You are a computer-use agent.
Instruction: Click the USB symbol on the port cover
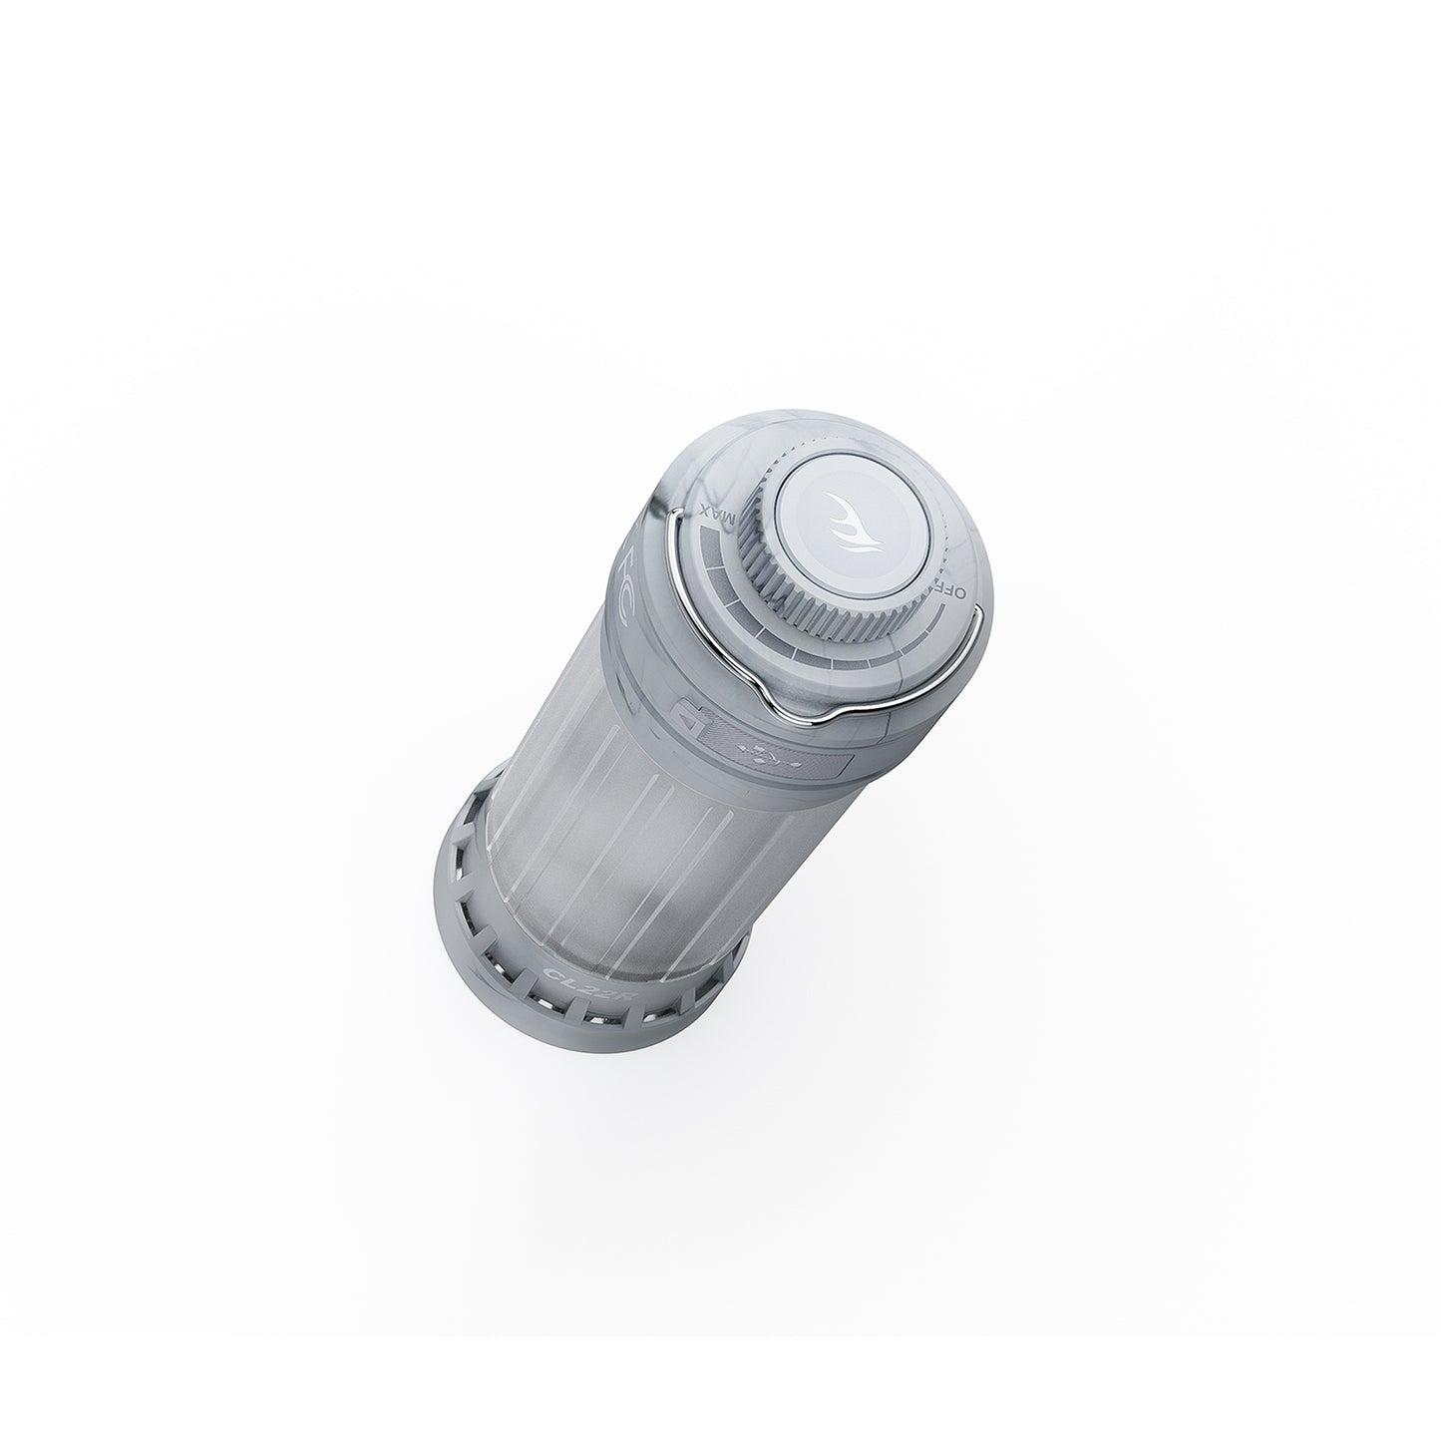[767, 755]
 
